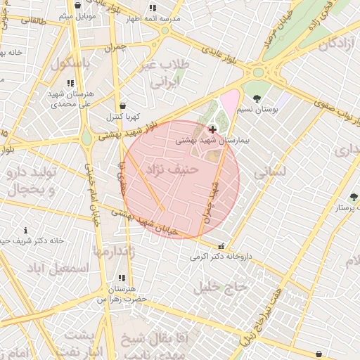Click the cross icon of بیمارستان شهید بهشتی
pyautogui.click(x=212, y=129)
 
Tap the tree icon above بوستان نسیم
pyautogui.click(x=256, y=98)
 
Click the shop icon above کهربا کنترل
pyautogui.click(x=123, y=105)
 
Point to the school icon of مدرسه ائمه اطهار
pyautogui.click(x=153, y=9)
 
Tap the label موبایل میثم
pyautogui.click(x=77, y=15)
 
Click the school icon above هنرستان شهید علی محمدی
pyautogui.click(x=70, y=83)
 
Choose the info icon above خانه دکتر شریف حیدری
pyautogui.click(x=26, y=230)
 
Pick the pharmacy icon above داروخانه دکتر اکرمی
pyautogui.click(x=222, y=247)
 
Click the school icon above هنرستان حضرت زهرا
pyautogui.click(x=122, y=278)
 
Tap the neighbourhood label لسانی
pyautogui.click(x=269, y=170)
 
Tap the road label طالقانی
pyautogui.click(x=32, y=21)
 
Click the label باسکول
pyautogui.click(x=71, y=63)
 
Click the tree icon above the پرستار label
pyautogui.click(x=353, y=197)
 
